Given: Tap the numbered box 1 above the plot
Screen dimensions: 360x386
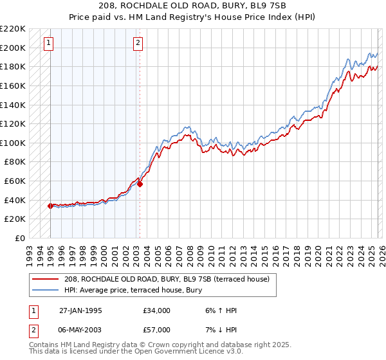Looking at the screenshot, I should pyautogui.click(x=50, y=43).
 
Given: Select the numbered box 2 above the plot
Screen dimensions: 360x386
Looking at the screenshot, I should pyautogui.click(x=138, y=43).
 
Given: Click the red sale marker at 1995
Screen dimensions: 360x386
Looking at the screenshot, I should pyautogui.click(x=50, y=206).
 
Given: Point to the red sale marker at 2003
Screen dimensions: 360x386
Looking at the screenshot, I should pyautogui.click(x=140, y=184).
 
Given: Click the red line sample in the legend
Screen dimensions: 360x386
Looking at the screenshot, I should pyautogui.click(x=47, y=279).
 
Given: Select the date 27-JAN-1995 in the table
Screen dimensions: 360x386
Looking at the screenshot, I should pyautogui.click(x=82, y=310).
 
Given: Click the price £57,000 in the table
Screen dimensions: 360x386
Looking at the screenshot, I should pyautogui.click(x=157, y=329).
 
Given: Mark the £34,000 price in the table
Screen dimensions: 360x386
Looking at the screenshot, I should pyautogui.click(x=157, y=310).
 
